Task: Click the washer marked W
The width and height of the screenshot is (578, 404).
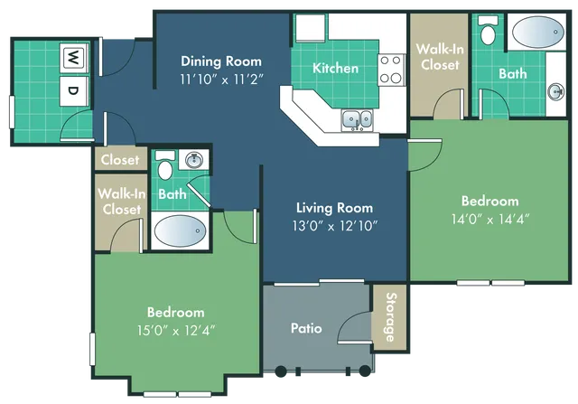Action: tap(71, 58)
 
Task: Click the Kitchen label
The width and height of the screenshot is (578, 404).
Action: tap(336, 68)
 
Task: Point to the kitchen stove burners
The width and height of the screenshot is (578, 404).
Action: tap(391, 70)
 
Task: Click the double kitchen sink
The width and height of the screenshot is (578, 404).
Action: tap(356, 118)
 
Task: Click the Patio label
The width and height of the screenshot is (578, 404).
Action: tap(307, 328)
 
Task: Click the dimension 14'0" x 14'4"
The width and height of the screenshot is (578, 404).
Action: tap(490, 218)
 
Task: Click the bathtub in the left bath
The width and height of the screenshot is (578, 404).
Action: tap(180, 230)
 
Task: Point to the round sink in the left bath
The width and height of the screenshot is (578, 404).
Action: tap(193, 161)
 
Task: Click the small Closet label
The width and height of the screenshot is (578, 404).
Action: tap(120, 160)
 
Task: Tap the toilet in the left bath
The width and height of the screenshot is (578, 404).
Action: tap(165, 169)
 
